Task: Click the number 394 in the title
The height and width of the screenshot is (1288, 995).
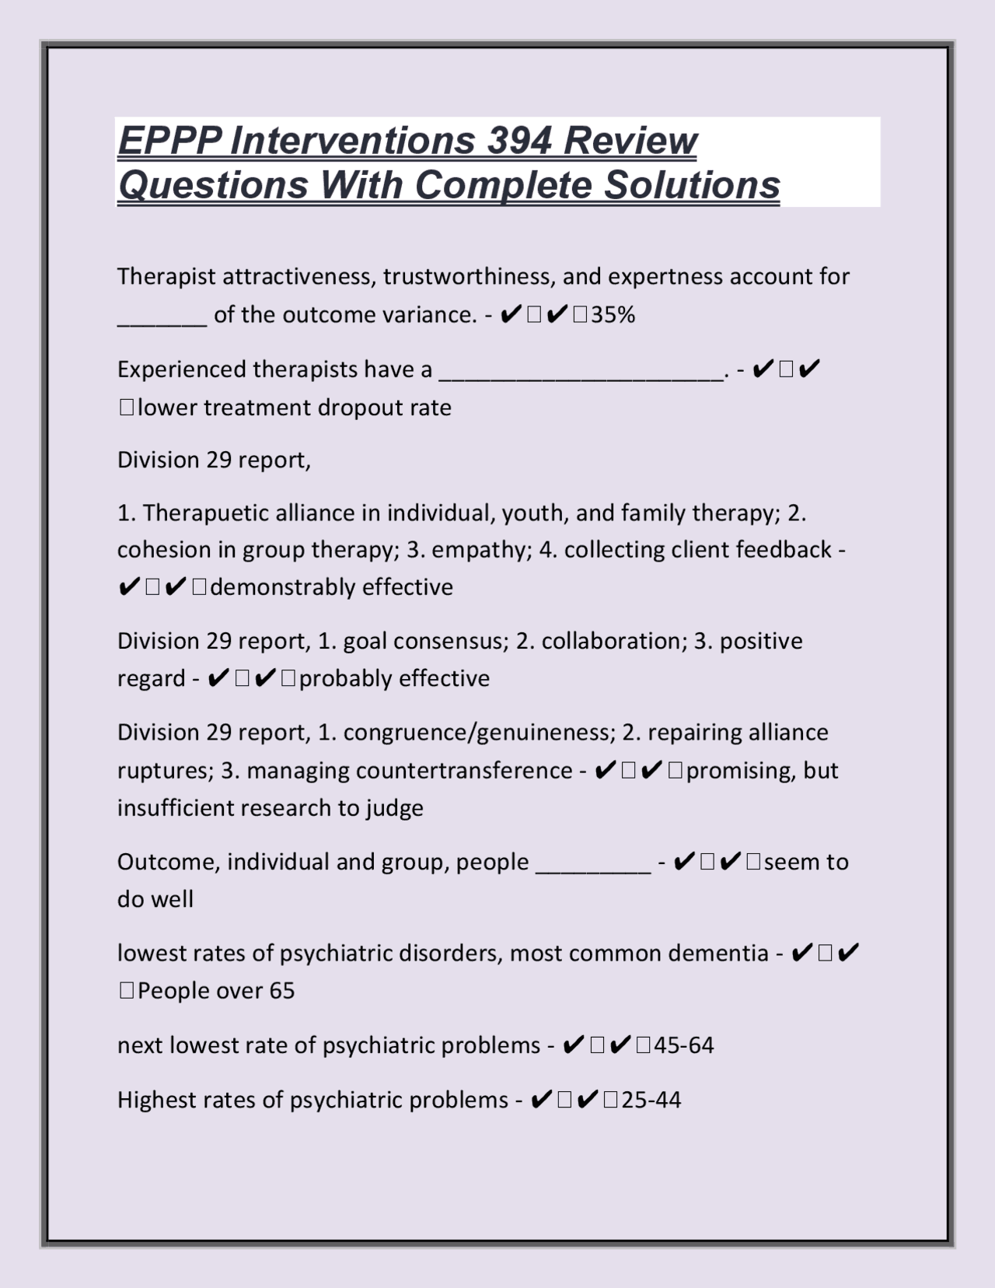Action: tap(519, 142)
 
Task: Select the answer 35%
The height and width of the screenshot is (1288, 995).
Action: tap(613, 315)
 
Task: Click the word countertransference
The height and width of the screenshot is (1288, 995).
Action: tap(464, 771)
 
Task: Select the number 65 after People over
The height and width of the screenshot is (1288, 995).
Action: tap(282, 991)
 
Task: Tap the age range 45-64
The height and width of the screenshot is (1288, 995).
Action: tap(683, 1045)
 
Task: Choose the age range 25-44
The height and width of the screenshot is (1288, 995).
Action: tap(651, 1100)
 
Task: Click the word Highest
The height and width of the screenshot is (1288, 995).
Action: tap(156, 1100)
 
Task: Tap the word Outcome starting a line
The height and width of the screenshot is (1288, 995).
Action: tap(168, 863)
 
